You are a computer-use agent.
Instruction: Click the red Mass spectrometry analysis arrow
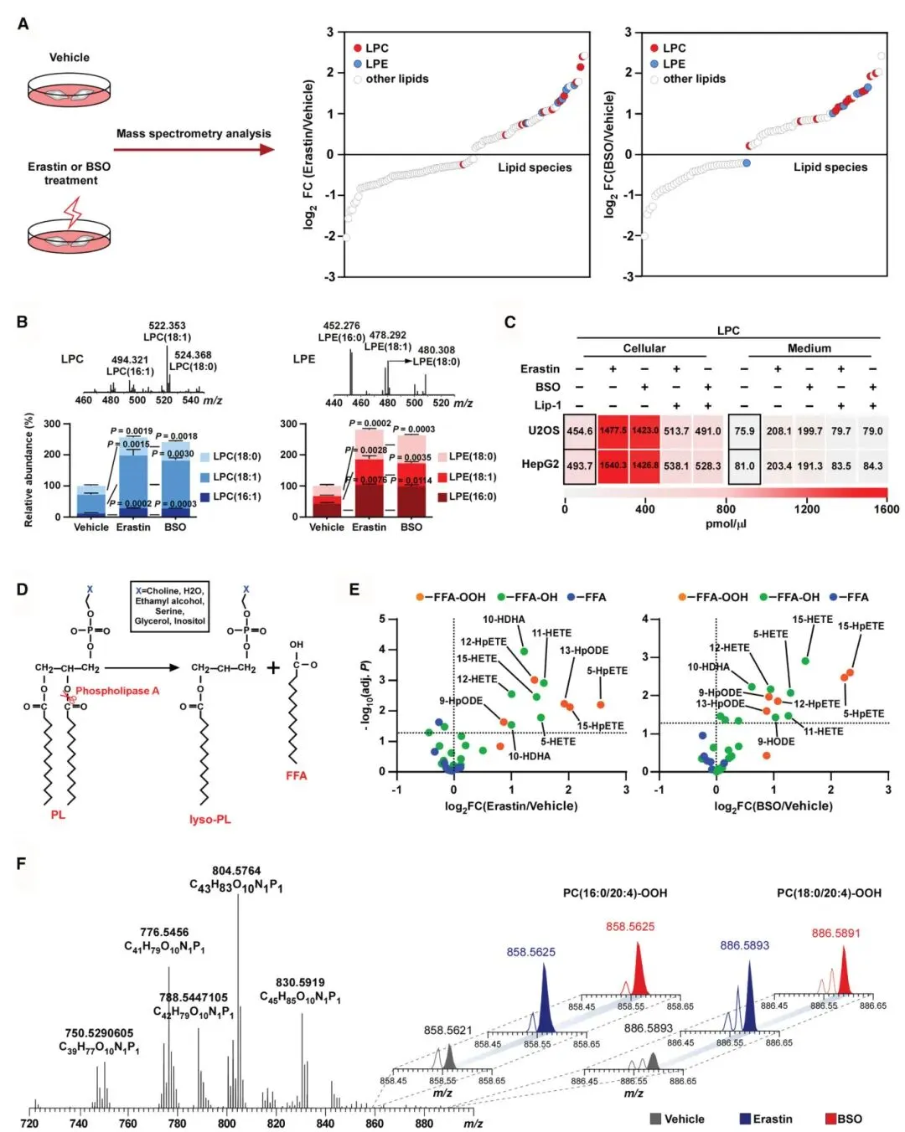tap(194, 150)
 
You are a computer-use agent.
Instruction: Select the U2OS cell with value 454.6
tap(579, 431)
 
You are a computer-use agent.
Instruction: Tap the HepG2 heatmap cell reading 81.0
tap(744, 466)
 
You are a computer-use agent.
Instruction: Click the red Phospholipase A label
tap(117, 691)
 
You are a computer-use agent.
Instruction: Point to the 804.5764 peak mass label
tap(236, 871)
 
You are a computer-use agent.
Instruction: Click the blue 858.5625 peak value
tap(530, 952)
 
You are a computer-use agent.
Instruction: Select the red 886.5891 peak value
tap(835, 933)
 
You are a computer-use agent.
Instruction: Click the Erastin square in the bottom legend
tap(745, 1119)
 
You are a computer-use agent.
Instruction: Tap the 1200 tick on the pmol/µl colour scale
tap(807, 509)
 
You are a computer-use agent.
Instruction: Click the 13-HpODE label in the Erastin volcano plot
tap(584, 651)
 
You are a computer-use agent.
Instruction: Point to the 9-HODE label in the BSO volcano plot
tap(776, 742)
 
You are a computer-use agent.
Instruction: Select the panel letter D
tap(22, 589)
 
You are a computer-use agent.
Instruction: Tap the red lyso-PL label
tap(209, 819)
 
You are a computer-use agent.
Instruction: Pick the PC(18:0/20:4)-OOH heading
tap(829, 893)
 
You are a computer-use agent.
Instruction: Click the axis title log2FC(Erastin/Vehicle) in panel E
tap(511, 805)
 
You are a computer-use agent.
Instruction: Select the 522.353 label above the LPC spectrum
tap(167, 326)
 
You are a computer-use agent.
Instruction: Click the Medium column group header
tap(809, 348)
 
